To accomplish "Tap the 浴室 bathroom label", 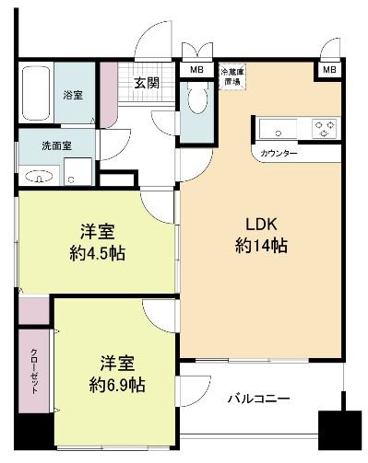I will click(x=71, y=94).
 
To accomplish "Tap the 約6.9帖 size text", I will click(x=109, y=382).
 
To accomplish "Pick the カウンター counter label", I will click(x=279, y=153).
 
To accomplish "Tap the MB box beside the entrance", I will click(x=196, y=69).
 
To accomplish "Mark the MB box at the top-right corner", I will click(x=329, y=69).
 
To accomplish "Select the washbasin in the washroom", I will click(x=39, y=175).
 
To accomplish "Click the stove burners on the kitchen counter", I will click(x=324, y=128).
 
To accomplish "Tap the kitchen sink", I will click(x=276, y=127).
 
